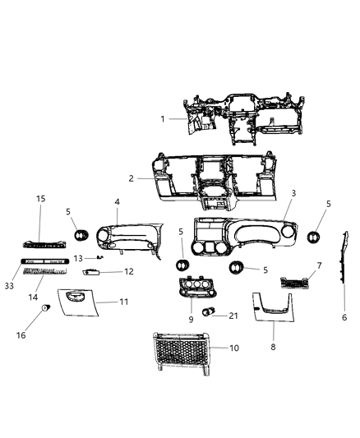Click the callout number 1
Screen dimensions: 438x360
(x=163, y=119)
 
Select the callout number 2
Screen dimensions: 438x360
(x=131, y=178)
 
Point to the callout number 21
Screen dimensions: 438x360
(x=233, y=316)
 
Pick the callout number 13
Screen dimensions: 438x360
(x=76, y=258)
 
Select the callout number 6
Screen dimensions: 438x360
(x=344, y=317)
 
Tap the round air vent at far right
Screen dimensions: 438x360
(x=315, y=238)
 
